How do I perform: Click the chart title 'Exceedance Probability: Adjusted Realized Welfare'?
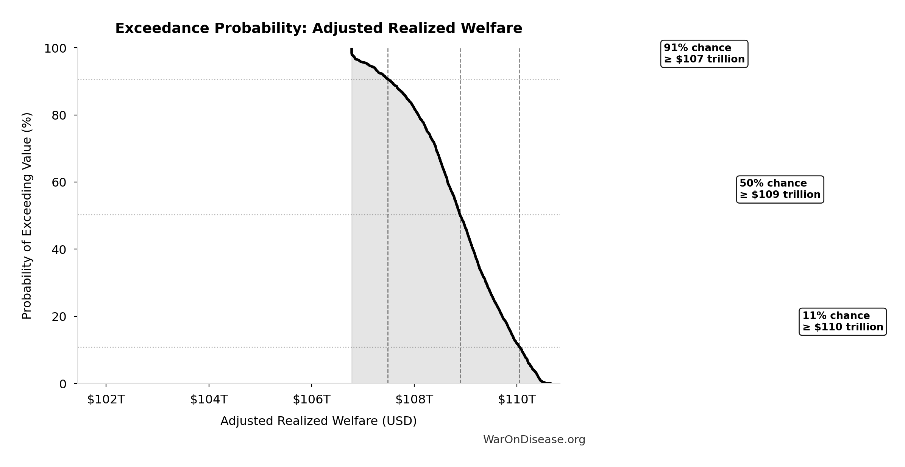coord(318,28)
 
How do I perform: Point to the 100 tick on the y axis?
coord(55,48)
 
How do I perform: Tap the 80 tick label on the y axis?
coord(59,115)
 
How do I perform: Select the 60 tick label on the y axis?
coord(59,182)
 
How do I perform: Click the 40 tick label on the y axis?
coord(59,249)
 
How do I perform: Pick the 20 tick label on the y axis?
coord(59,317)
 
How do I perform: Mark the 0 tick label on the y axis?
coord(63,384)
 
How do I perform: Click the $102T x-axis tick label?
coord(106,400)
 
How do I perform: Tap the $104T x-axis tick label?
coord(209,400)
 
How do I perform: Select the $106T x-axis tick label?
coord(312,400)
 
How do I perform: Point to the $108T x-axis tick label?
coord(414,400)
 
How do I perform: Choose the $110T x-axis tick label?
coord(517,400)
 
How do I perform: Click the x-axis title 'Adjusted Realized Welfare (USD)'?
coord(318,421)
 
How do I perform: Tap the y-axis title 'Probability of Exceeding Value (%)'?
coord(27,216)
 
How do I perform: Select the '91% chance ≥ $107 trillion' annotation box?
coord(704,54)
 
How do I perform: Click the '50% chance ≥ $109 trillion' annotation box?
coord(780,189)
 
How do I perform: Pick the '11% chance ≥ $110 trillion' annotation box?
coord(843,322)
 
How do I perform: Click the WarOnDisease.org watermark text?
coord(534,440)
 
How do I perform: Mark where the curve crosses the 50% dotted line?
coord(460,215)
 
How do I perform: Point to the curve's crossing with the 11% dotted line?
coord(520,347)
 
